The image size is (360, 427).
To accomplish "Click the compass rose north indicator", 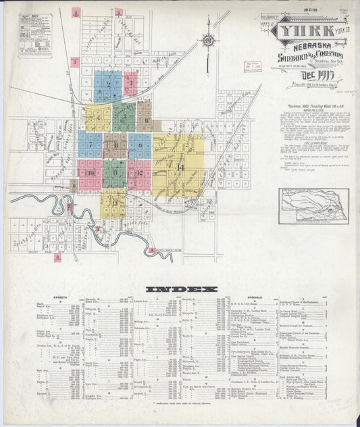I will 209,41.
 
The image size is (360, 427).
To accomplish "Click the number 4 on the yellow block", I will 98,118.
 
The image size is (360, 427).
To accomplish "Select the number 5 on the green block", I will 124,116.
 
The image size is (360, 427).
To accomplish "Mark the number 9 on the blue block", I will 140,145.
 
